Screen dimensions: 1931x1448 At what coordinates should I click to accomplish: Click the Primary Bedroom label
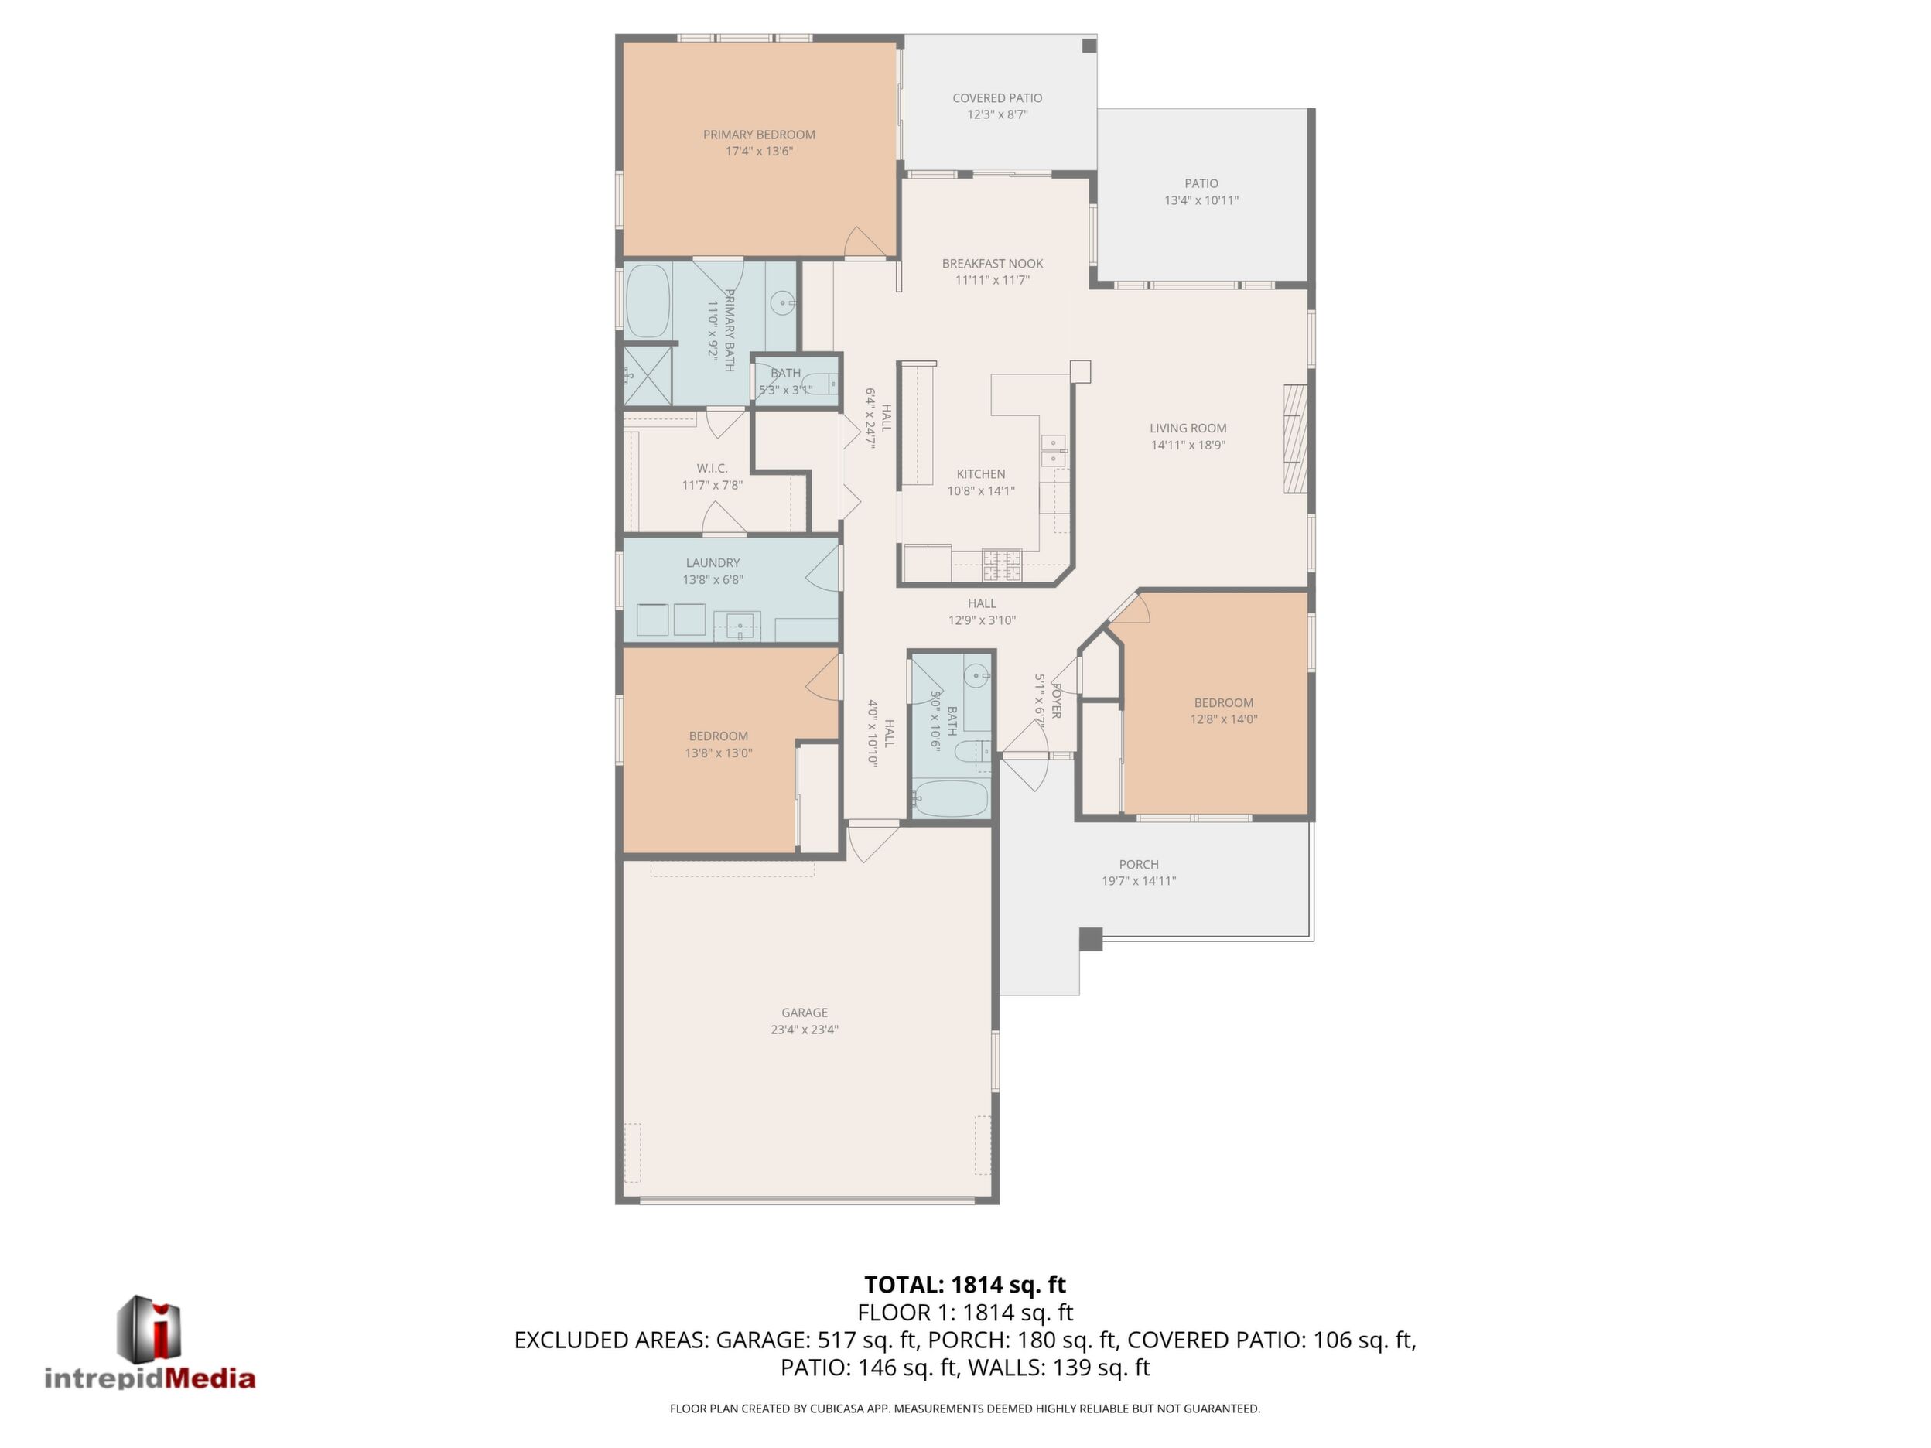pos(759,135)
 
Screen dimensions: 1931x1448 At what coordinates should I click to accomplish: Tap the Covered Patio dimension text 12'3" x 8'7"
pos(997,114)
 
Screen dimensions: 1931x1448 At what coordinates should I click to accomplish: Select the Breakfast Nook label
pos(993,264)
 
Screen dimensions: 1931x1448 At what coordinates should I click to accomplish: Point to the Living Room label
pos(1188,428)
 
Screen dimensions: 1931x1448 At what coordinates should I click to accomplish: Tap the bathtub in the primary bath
pos(648,300)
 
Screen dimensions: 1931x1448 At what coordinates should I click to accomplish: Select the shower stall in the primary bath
pos(648,375)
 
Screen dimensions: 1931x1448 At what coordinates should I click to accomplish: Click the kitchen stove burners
pos(1002,565)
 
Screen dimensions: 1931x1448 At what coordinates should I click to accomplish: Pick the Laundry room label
pos(713,563)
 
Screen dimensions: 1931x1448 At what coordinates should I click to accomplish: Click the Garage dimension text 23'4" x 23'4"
pos(804,1029)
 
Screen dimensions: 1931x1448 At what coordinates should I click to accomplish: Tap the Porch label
pos(1138,864)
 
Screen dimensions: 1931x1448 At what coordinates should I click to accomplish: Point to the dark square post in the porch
pos(1090,939)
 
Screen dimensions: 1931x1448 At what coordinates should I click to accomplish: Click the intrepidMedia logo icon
pos(149,1327)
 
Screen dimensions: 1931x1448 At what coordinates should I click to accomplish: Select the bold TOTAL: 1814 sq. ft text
pos(965,1285)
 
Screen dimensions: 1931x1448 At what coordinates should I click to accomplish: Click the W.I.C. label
pos(713,469)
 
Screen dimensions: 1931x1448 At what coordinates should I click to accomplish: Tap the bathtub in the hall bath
pos(950,798)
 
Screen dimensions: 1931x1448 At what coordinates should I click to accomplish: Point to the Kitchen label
pos(980,474)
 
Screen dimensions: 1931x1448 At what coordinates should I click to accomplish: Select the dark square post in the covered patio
pos(1089,46)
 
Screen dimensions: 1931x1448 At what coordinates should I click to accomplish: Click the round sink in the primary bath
pos(783,304)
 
